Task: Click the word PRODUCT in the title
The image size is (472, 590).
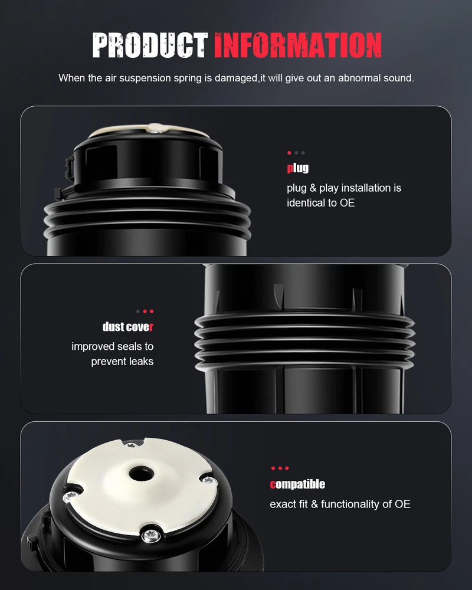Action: tap(150, 45)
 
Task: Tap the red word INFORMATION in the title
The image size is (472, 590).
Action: tap(298, 45)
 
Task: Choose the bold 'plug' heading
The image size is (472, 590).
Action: tap(298, 168)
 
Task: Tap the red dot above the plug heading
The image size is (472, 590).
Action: tap(289, 153)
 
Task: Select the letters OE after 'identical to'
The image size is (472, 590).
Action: tap(347, 203)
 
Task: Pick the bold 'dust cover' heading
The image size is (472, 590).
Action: tap(128, 327)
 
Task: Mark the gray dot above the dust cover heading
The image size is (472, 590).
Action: tap(137, 312)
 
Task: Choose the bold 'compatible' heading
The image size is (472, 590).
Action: tap(297, 484)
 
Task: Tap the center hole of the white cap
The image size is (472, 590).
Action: tap(141, 474)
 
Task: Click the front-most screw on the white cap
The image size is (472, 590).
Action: tap(151, 536)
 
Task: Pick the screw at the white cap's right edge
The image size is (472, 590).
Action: tap(209, 480)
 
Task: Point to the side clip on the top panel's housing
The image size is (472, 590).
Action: tap(70, 168)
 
